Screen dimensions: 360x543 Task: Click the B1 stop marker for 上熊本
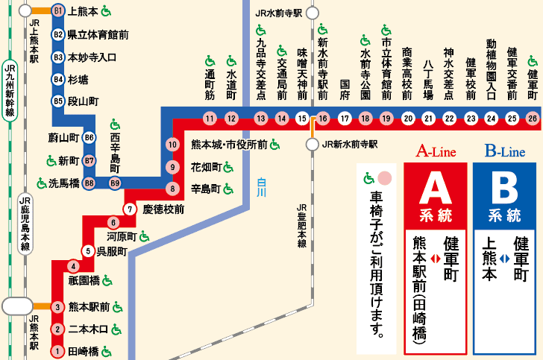point(58,11)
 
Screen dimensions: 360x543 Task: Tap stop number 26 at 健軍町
point(532,119)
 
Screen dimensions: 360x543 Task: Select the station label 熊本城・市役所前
point(229,145)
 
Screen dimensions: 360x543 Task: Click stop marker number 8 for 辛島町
point(172,189)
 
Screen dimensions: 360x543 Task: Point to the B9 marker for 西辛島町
point(115,183)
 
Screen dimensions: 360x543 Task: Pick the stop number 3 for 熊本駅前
point(57,306)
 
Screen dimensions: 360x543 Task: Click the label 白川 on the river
point(260,186)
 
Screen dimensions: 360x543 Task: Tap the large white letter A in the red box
point(435,189)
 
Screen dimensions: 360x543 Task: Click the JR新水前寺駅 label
point(349,145)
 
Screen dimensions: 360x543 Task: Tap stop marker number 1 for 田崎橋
point(57,351)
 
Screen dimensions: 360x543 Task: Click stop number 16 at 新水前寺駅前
point(323,119)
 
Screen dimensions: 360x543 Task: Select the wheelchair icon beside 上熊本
point(106,11)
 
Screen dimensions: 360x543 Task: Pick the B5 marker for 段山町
point(58,101)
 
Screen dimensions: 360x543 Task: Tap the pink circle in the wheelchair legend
point(384,179)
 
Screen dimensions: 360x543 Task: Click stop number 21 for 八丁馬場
point(428,119)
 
